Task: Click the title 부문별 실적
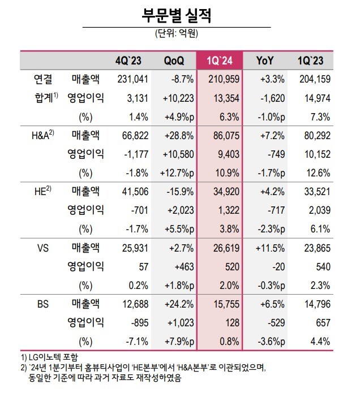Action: pyautogui.click(x=176, y=14)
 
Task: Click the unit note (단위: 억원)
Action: pyautogui.click(x=176, y=34)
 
